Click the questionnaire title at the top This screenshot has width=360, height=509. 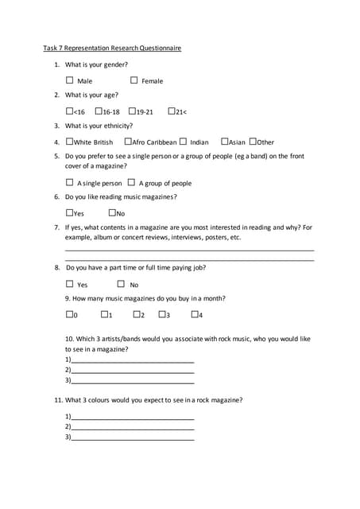pos(112,48)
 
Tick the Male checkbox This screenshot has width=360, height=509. pos(70,80)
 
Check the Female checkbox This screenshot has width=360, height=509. pos(134,80)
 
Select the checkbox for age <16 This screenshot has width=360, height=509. pos(70,111)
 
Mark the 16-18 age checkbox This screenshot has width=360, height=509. pos(99,111)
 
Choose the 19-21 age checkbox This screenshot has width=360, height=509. pos(132,111)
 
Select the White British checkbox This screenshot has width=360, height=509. pos(70,142)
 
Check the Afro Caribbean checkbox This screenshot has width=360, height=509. pos(128,142)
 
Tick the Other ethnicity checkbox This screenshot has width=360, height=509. pos(253,142)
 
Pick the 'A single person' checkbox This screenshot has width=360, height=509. pos(70,182)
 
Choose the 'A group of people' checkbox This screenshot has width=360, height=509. pos(131,182)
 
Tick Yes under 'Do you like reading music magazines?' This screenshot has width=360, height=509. pos(70,212)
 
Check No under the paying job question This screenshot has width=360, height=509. pos(121,284)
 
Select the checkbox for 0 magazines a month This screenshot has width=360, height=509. pos(70,315)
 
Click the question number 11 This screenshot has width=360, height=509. pos(58,400)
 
